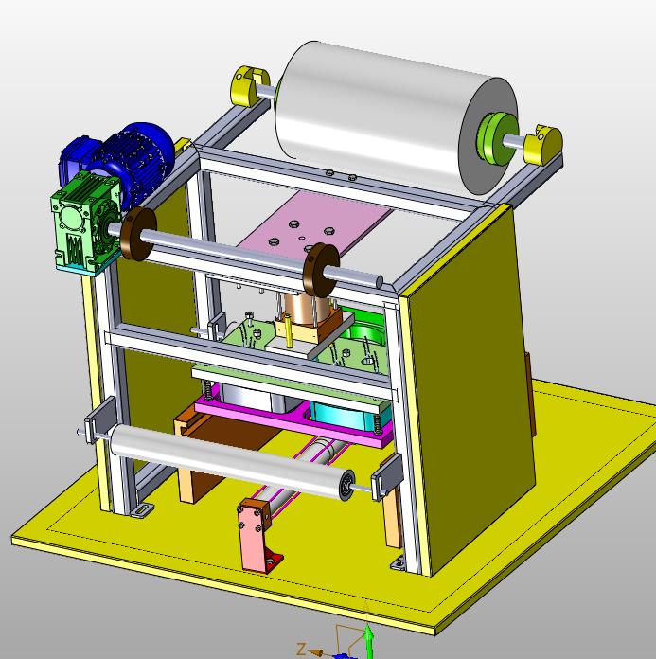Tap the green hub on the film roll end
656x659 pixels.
pos(497,137)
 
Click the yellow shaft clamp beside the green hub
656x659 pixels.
pos(543,145)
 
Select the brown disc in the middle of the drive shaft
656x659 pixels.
pos(320,269)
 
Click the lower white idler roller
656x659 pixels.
pos(232,461)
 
